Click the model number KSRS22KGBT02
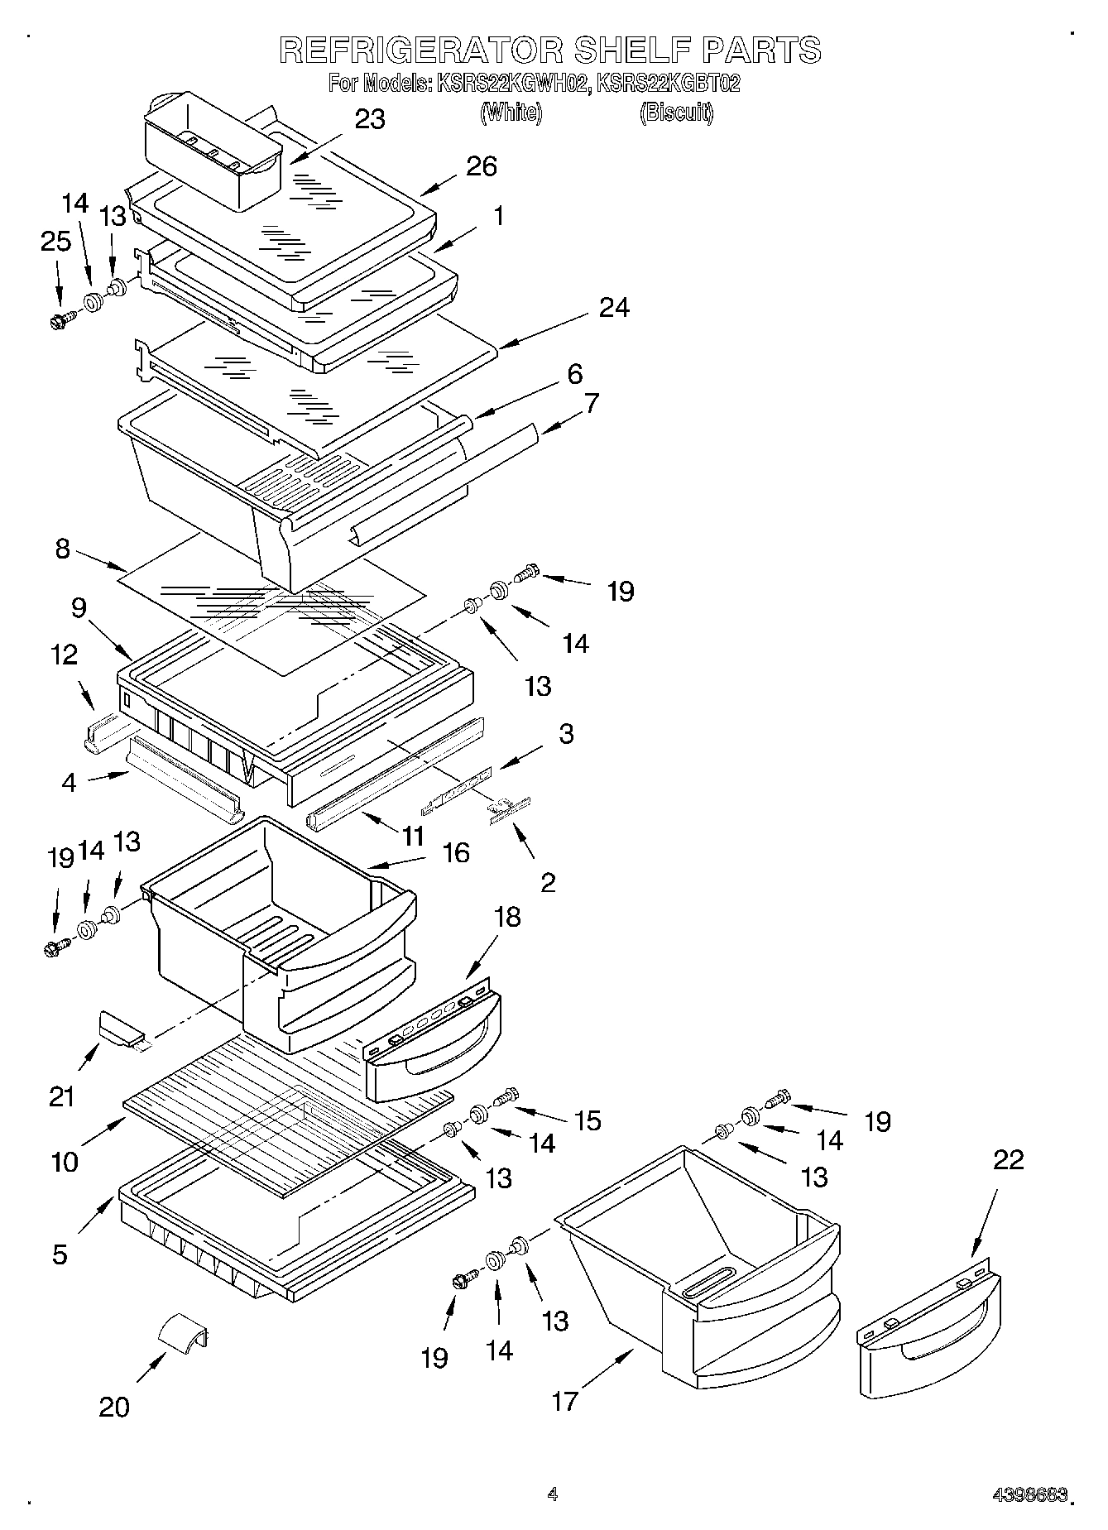(x=668, y=84)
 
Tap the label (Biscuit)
(x=675, y=113)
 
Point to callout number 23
(x=369, y=120)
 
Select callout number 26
(x=481, y=166)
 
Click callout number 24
(x=614, y=308)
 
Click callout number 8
(x=63, y=549)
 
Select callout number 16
(x=455, y=852)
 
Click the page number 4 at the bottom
(x=553, y=1494)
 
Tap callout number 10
(x=65, y=1162)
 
